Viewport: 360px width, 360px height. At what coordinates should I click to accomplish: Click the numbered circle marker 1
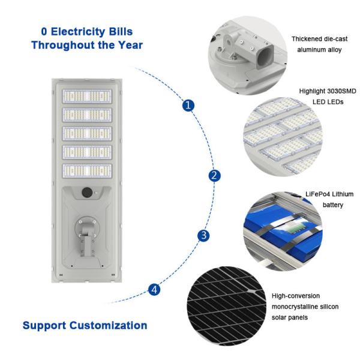pos(189,105)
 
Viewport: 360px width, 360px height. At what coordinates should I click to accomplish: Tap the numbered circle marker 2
pos(214,176)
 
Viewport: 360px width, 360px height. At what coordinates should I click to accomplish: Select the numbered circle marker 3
pos(205,235)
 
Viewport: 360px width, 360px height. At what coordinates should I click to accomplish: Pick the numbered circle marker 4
pos(155,290)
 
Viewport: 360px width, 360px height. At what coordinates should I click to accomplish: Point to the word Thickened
pos(307,39)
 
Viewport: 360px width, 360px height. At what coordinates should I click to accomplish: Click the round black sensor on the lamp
pos(87,193)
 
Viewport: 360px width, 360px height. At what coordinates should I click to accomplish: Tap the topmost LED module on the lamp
pos(87,96)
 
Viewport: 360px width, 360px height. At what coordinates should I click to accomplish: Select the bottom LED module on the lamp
pos(87,170)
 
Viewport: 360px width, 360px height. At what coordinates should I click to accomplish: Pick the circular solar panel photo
pos(227,305)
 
